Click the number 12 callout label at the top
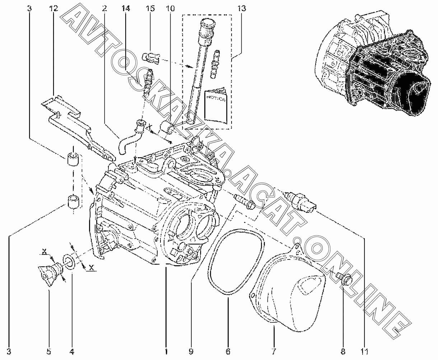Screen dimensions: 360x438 [53, 8]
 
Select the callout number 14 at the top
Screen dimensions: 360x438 [125, 8]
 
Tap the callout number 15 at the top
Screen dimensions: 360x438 [150, 8]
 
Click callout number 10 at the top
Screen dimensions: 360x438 [171, 8]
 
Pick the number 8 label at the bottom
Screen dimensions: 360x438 [343, 351]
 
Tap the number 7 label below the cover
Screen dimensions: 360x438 [274, 351]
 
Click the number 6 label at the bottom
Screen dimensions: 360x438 [228, 351]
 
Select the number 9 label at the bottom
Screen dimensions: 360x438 [191, 351]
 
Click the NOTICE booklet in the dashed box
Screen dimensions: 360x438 [215, 105]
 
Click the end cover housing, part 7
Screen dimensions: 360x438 [291, 294]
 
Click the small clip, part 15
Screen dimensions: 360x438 [151, 56]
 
